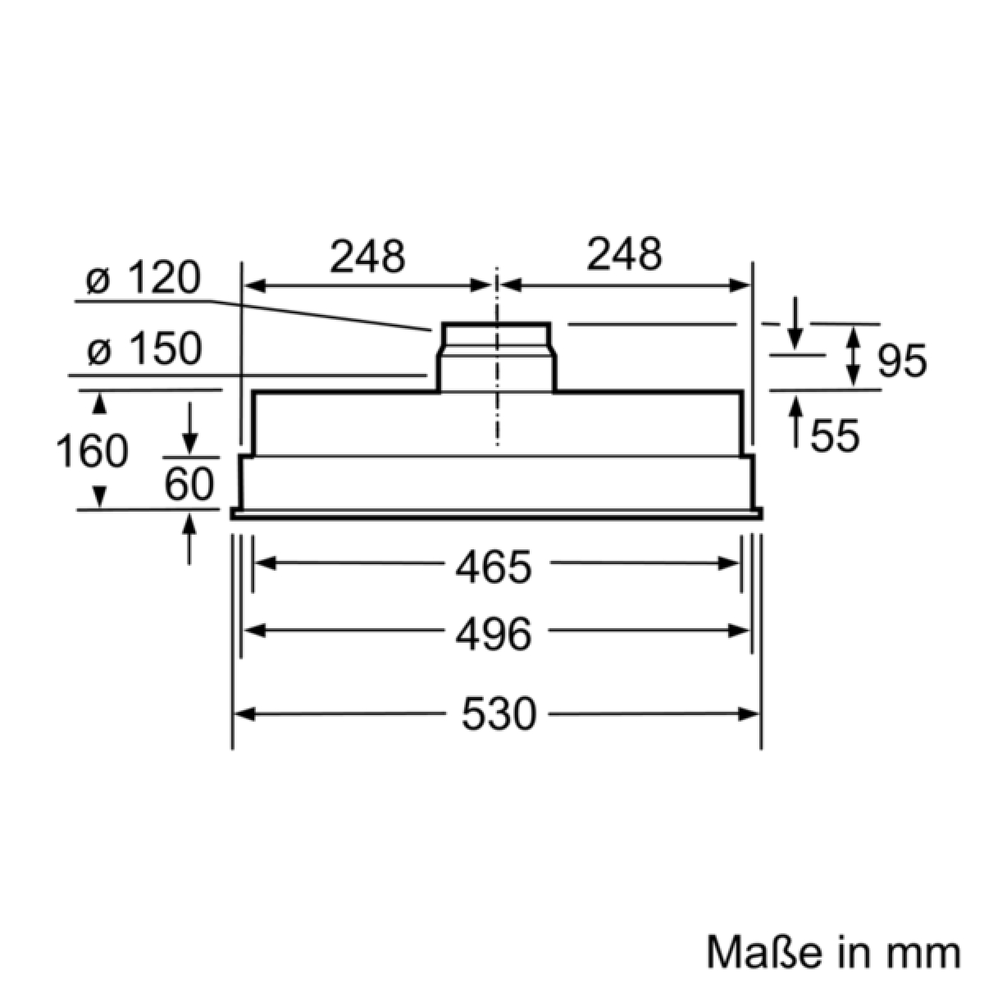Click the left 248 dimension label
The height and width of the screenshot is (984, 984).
[x=367, y=255]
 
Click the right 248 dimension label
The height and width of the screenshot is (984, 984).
[x=624, y=253]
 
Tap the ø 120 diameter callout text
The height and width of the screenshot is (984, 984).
[x=143, y=277]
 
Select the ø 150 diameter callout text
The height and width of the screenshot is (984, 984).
[x=144, y=348]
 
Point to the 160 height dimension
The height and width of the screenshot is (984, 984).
[x=92, y=451]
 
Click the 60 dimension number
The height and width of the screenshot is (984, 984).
[x=189, y=484]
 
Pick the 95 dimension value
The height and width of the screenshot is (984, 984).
[x=902, y=361]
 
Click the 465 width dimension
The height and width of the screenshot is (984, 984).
[x=494, y=567]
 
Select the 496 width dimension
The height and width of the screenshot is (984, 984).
[x=494, y=634]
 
